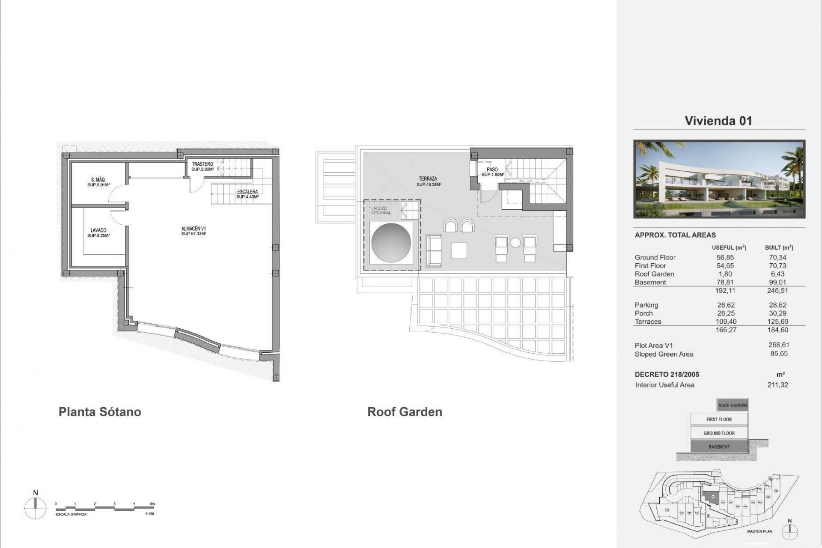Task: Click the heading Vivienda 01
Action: tap(718, 121)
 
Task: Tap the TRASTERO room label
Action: tap(203, 164)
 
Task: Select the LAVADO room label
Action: tap(98, 230)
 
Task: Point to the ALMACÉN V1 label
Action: tap(194, 229)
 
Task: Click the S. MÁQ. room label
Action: tap(98, 180)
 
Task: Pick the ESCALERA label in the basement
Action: tap(247, 192)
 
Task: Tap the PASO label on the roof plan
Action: tap(492, 170)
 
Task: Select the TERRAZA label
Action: tap(428, 179)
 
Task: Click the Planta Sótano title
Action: tap(100, 412)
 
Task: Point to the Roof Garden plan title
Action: tap(405, 412)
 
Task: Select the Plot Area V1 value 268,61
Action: tap(779, 345)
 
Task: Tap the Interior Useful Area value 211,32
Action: tap(777, 385)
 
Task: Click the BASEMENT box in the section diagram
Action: tap(719, 447)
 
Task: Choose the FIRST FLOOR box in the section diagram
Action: tap(719, 419)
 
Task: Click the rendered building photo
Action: tap(719, 179)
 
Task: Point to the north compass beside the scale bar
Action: tap(36, 508)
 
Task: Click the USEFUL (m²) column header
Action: tap(729, 247)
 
